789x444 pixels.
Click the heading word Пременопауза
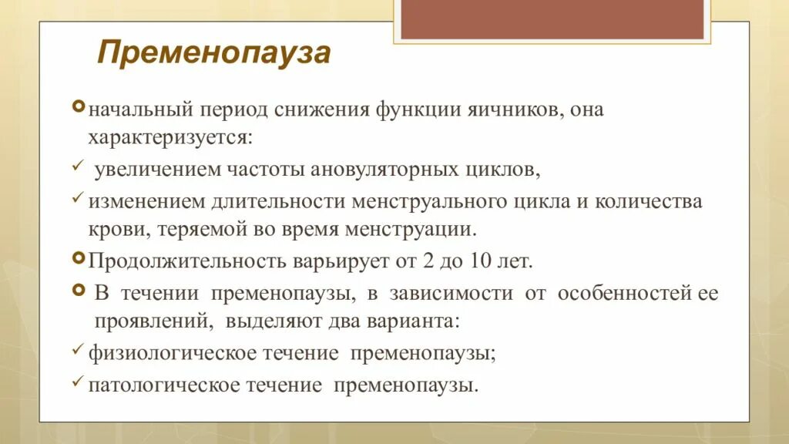click(214, 53)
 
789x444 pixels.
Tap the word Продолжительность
click(187, 261)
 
